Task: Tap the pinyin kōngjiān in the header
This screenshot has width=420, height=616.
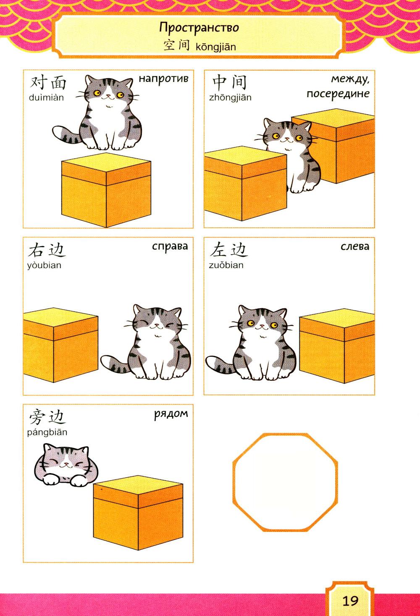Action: point(216,47)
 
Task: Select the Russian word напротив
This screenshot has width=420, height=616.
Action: point(163,79)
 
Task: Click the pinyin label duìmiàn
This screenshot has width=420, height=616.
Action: point(46,97)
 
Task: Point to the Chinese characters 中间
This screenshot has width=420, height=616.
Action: point(229,82)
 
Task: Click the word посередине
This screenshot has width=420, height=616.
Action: point(338,94)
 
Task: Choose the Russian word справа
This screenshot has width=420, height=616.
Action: point(170,246)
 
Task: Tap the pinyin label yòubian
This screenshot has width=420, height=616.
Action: point(44,266)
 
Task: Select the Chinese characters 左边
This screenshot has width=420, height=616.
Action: point(229,250)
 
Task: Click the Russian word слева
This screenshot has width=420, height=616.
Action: point(355,246)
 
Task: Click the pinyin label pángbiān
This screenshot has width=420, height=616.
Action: point(47,432)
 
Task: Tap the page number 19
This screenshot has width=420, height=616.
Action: point(350,601)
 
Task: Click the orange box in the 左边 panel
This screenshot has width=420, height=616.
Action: point(337,346)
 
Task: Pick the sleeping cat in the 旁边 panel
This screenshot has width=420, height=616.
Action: point(66,465)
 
